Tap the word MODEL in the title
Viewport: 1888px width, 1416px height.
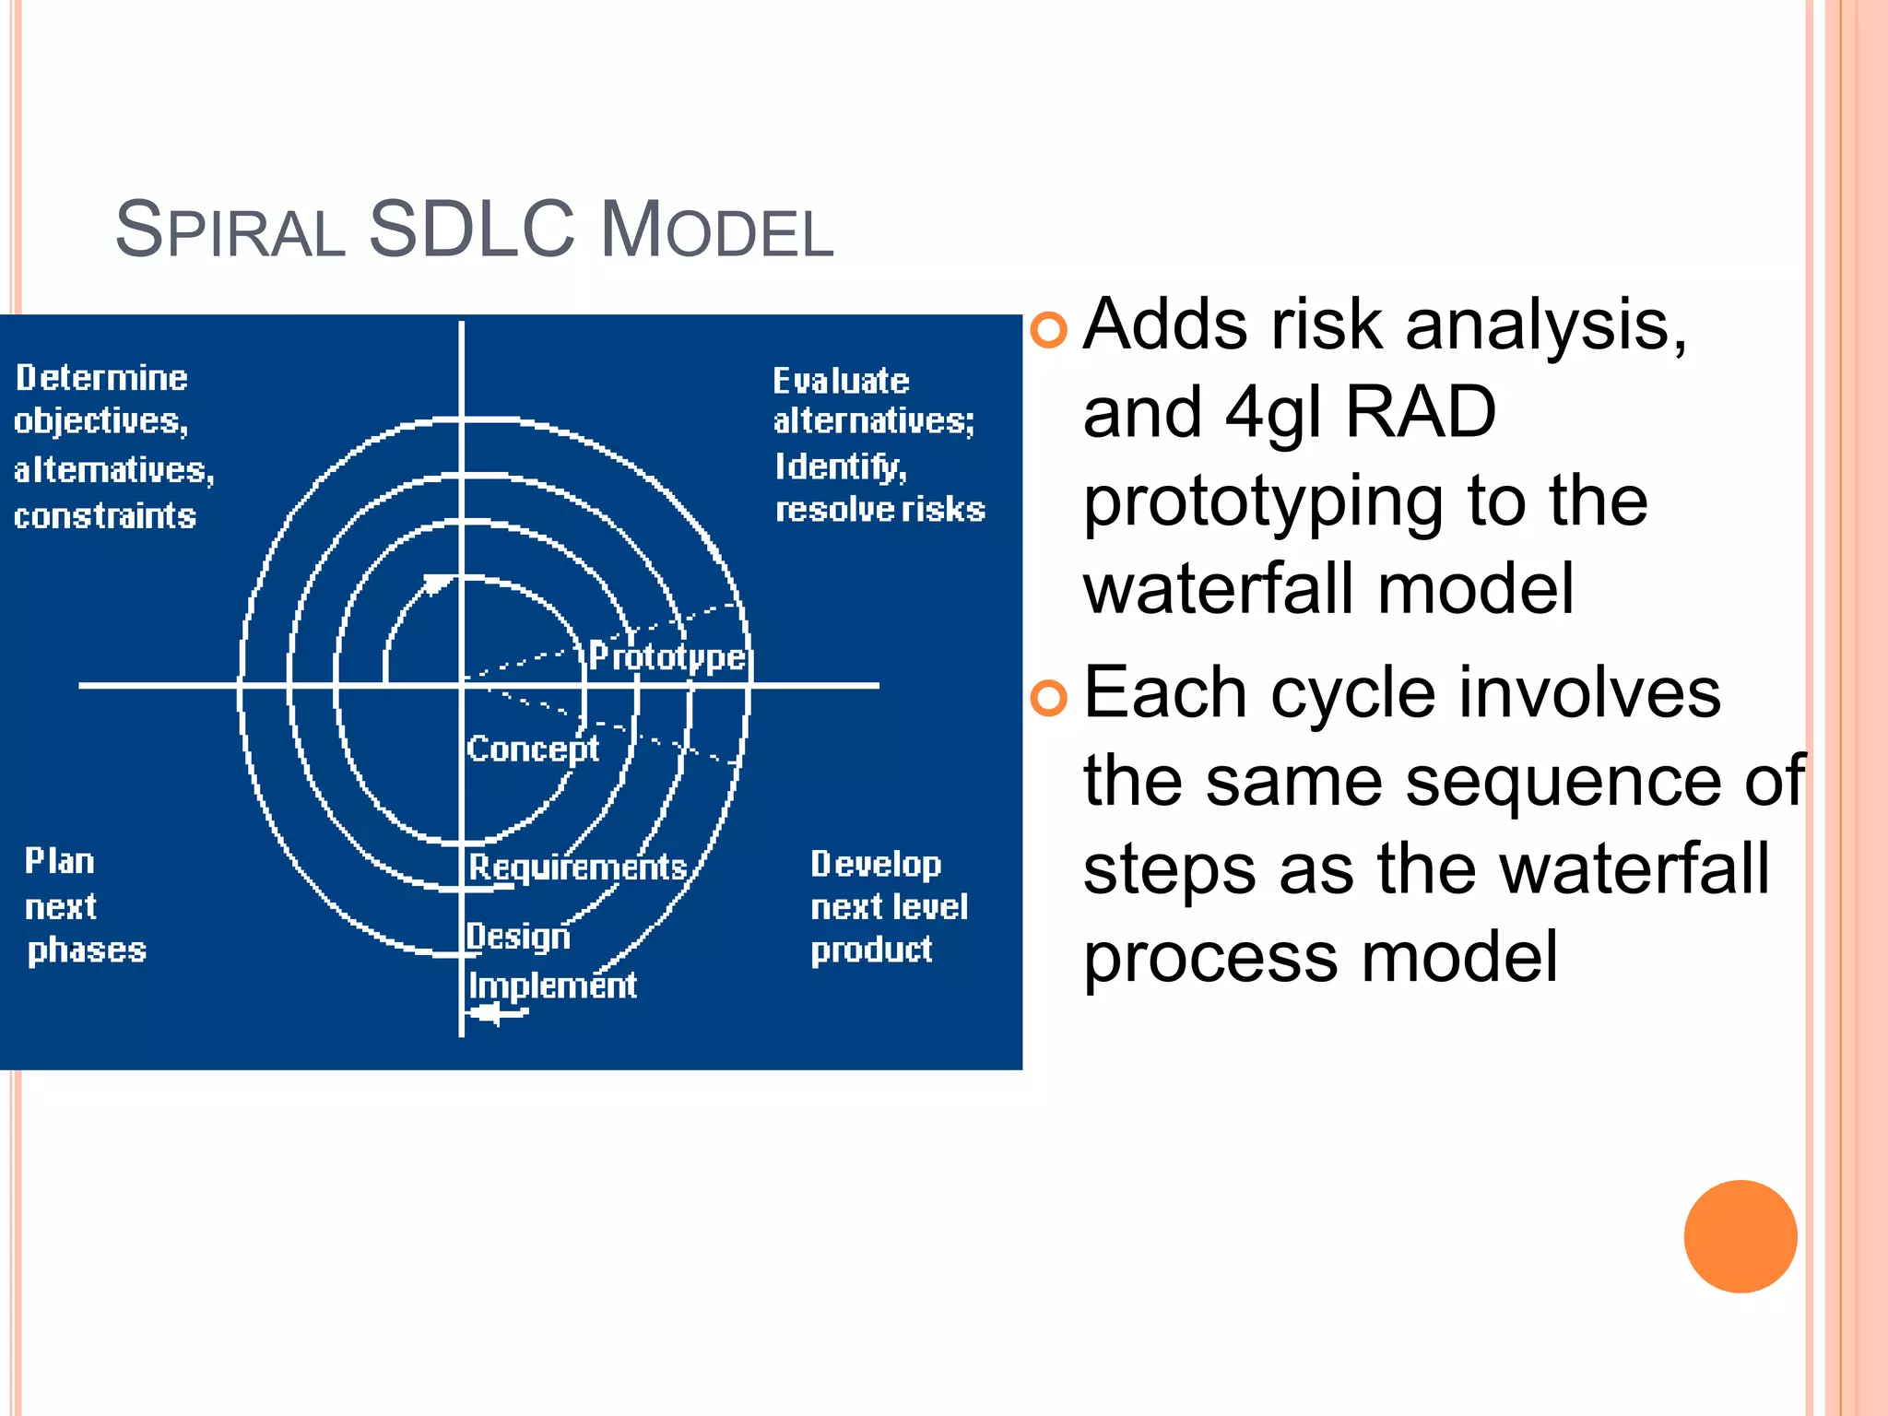pyautogui.click(x=716, y=230)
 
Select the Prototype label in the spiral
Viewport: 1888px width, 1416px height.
pyautogui.click(x=667, y=656)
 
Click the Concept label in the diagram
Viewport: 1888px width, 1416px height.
pyautogui.click(x=533, y=749)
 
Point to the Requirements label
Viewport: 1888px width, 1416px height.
pyautogui.click(x=578, y=867)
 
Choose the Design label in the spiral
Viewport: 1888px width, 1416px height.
pyautogui.click(x=518, y=937)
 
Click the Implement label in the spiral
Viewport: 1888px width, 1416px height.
pyautogui.click(x=552, y=985)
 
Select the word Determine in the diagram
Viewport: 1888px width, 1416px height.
pyautogui.click(x=101, y=378)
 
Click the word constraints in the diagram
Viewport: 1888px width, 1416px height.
pyautogui.click(x=105, y=516)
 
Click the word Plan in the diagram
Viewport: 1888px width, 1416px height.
pyautogui.click(x=60, y=861)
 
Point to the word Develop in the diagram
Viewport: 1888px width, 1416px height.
pyautogui.click(x=876, y=865)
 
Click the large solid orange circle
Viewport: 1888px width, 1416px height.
pyautogui.click(x=1740, y=1236)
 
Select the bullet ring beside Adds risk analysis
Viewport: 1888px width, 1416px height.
pyautogui.click(x=1048, y=329)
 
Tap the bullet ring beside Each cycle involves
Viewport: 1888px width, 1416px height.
pyautogui.click(x=1048, y=698)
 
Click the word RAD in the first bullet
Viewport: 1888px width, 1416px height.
pyautogui.click(x=1420, y=412)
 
